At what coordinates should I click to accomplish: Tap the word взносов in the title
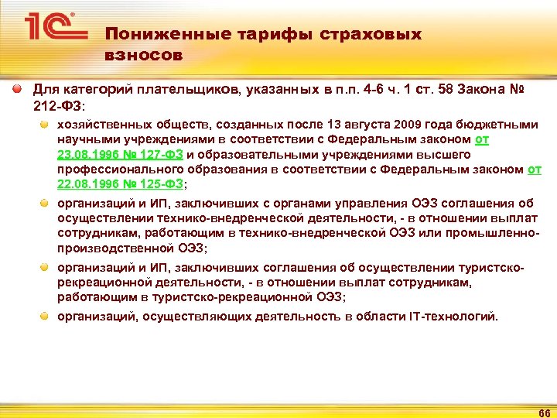point(144,56)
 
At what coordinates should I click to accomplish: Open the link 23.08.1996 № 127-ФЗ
point(120,154)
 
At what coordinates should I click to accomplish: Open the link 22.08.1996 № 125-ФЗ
point(121,183)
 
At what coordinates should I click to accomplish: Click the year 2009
point(407,125)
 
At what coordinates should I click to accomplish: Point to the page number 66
point(542,409)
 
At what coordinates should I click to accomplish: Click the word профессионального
point(114,169)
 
